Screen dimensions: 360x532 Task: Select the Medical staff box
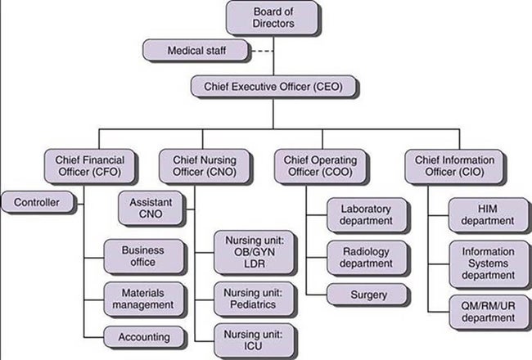tap(196, 51)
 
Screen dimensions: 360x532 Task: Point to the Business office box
tap(143, 256)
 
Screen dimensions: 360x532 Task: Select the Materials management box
tap(143, 299)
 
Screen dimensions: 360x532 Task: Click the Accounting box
tap(143, 336)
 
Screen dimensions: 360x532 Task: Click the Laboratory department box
tap(366, 214)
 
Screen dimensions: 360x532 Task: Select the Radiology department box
tap(366, 257)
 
